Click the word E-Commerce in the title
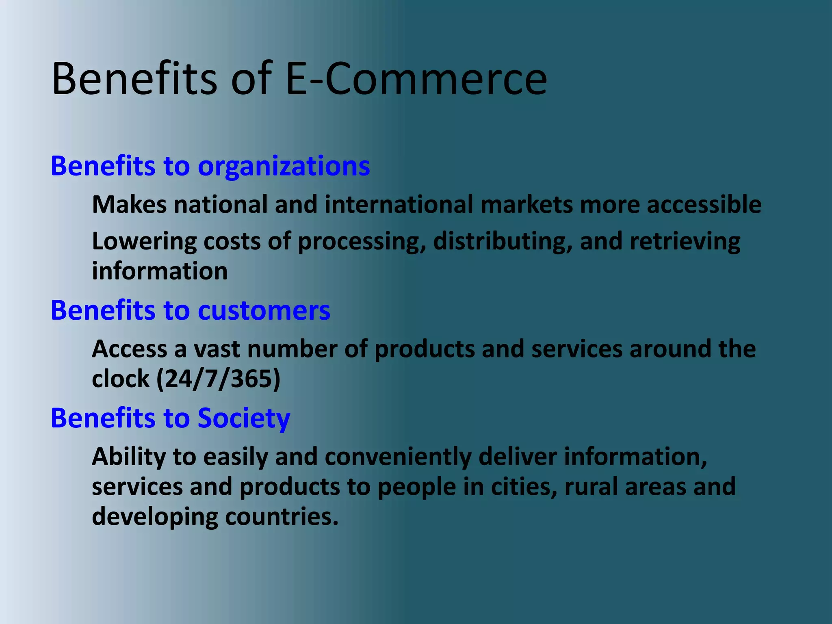click(x=416, y=79)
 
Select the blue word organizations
click(x=284, y=167)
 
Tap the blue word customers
click(x=264, y=311)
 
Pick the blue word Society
click(x=244, y=418)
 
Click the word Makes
click(x=129, y=204)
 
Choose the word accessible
click(x=704, y=204)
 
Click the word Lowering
click(x=144, y=241)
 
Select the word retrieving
click(x=685, y=241)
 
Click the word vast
click(x=217, y=349)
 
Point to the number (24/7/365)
click(x=219, y=379)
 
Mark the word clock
click(x=121, y=379)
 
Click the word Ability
click(x=129, y=457)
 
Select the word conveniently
click(x=398, y=457)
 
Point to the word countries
click(x=282, y=517)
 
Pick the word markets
click(x=526, y=204)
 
